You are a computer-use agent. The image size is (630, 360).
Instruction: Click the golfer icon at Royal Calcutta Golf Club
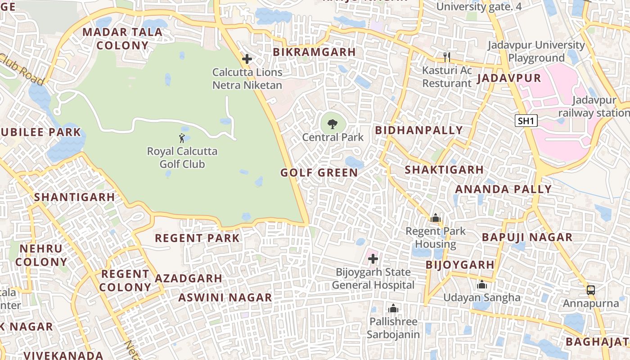(182, 138)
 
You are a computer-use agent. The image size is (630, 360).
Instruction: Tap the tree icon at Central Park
(333, 124)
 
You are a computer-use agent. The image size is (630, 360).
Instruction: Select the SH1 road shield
(526, 121)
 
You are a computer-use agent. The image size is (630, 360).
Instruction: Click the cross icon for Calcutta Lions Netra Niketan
(247, 59)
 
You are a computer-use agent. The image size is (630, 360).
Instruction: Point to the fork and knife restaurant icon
(447, 57)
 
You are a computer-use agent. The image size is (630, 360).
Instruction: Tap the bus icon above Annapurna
(591, 290)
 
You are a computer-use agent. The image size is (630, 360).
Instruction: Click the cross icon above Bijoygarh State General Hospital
(373, 259)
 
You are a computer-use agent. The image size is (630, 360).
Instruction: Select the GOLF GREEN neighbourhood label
(319, 173)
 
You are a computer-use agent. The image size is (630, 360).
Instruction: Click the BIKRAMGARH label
(314, 52)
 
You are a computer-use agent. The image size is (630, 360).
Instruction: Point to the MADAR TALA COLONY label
(122, 39)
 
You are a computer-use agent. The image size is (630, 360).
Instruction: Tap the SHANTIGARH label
(75, 197)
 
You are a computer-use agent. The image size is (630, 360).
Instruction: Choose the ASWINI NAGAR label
(225, 297)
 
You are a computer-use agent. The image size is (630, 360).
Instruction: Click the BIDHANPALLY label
(419, 130)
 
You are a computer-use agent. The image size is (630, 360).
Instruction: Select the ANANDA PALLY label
(503, 189)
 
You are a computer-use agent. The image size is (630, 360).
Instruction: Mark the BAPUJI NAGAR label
(527, 237)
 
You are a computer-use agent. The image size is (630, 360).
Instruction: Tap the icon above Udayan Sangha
(482, 285)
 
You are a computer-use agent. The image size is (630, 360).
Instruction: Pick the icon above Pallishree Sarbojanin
(393, 309)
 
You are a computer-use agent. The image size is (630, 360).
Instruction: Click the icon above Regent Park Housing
(435, 218)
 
